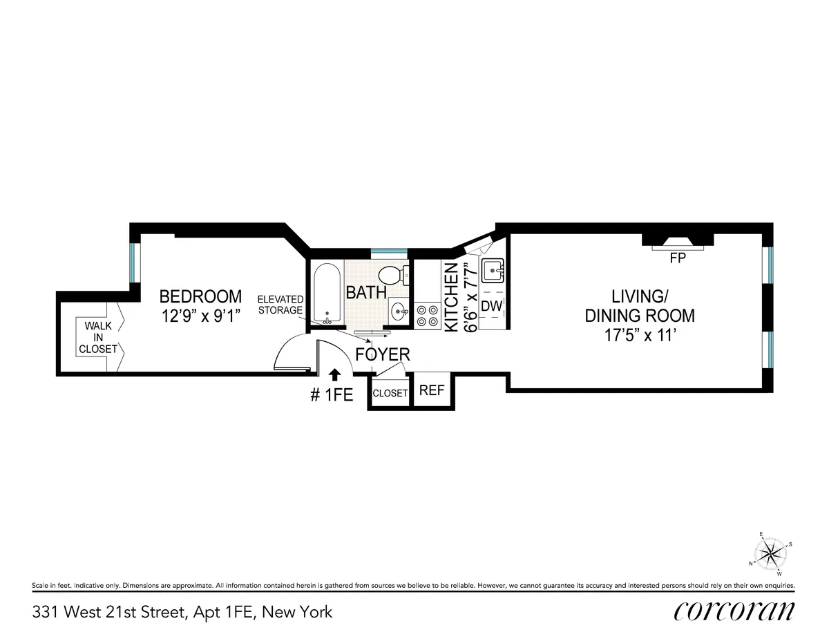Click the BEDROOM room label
pos(200,296)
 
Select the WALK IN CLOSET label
pos(97,337)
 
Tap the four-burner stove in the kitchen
pos(426,315)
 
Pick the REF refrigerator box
pos(432,390)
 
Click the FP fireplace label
pos(676,259)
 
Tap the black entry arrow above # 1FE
pos(334,375)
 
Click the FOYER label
pos(383,355)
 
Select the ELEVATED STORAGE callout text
pos(280,305)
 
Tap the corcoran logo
pos(734,611)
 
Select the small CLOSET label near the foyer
pos(390,393)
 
